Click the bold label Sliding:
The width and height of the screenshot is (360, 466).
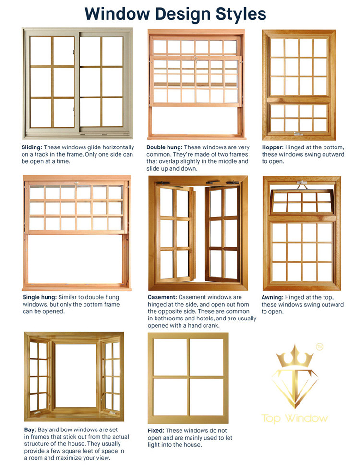coord(32,147)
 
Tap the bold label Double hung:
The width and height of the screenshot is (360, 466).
coord(164,147)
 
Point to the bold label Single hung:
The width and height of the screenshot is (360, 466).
coord(39,297)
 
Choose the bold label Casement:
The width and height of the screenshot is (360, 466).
coord(162,297)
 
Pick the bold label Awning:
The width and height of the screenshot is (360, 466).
coord(272,297)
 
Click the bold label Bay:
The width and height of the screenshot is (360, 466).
coord(30,430)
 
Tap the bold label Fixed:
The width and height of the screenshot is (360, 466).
coord(156,430)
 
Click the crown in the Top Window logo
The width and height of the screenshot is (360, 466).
coord(295,356)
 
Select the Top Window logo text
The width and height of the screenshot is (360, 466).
coord(295,418)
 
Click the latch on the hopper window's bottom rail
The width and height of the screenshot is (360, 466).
coord(299,134)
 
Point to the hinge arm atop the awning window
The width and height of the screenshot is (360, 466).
coord(302,185)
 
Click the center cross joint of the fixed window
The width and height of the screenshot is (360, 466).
coord(188,377)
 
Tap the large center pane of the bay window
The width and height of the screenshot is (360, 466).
coord(76,376)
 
